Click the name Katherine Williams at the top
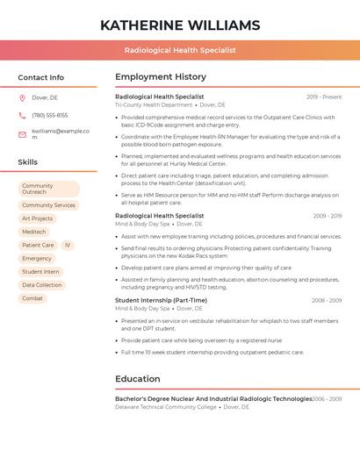pyautogui.click(x=180, y=25)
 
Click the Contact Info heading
pyautogui.click(x=41, y=77)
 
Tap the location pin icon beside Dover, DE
pyautogui.click(x=22, y=98)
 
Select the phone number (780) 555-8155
pyautogui.click(x=49, y=115)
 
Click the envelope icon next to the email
pyautogui.click(x=22, y=133)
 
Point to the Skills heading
pyautogui.click(x=28, y=162)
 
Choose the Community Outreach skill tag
pyautogui.click(x=48, y=189)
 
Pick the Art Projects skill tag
pyautogui.click(x=38, y=218)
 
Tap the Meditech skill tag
pyautogui.click(x=34, y=232)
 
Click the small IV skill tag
pyautogui.click(x=68, y=246)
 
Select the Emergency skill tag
pyautogui.click(x=37, y=259)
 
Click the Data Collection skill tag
pyautogui.click(x=42, y=285)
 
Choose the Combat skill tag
pyautogui.click(x=32, y=298)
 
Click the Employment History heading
pyautogui.click(x=161, y=77)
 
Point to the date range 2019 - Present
pyautogui.click(x=324, y=97)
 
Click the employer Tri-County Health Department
pyautogui.click(x=154, y=104)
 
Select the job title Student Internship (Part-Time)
pyautogui.click(x=162, y=300)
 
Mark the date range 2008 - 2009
pyautogui.click(x=327, y=300)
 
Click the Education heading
pyautogui.click(x=138, y=379)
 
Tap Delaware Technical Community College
pyautogui.click(x=166, y=407)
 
